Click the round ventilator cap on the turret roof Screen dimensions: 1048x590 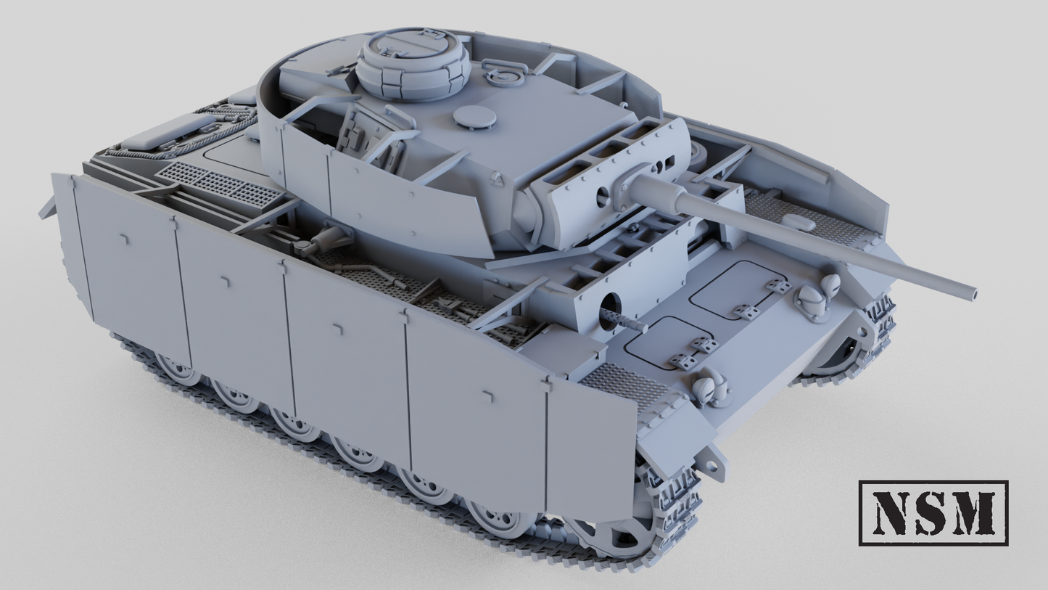click(x=475, y=117)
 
